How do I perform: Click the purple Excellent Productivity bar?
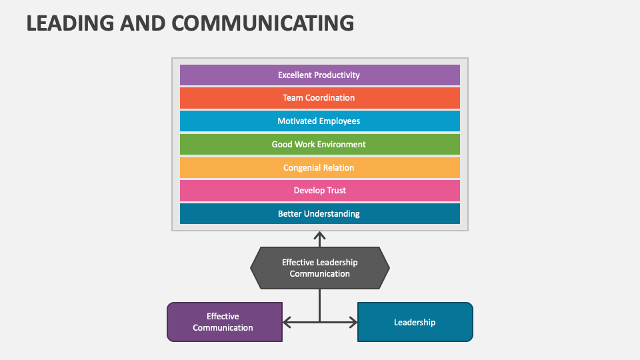319,75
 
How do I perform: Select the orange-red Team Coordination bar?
319,98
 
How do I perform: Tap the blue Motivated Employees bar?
319,121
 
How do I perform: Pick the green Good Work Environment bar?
319,145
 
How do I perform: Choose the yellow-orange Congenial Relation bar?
319,168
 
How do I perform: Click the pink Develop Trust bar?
319,191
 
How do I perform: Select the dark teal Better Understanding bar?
319,214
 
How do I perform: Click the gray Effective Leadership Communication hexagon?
319,268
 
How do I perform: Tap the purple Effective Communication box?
225,322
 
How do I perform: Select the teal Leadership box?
415,322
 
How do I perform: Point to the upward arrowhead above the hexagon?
319,235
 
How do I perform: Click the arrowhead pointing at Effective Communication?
287,323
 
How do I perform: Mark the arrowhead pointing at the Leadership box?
353,323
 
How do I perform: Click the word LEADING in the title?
70,23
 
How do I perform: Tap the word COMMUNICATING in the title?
263,23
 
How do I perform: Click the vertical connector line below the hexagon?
319,306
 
